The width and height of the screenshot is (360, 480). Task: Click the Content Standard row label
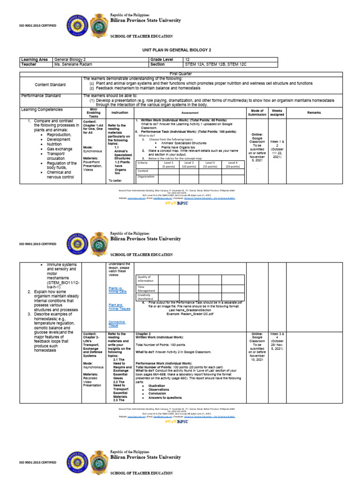[50, 84]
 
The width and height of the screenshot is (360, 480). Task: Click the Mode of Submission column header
[257, 112]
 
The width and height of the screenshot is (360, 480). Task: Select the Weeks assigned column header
[277, 112]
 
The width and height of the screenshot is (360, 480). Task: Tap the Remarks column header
[314, 113]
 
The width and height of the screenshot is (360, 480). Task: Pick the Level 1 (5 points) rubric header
[169, 165]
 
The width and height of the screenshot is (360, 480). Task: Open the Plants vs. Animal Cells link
[117, 290]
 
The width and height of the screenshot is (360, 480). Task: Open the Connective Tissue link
[117, 324]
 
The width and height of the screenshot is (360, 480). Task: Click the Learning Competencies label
[42, 109]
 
